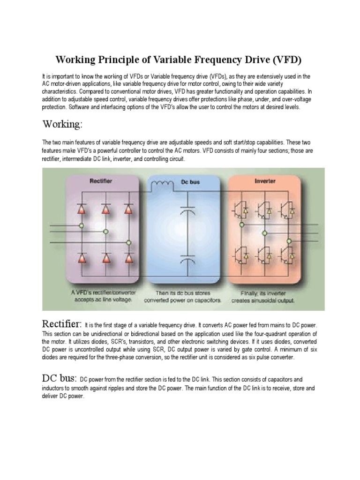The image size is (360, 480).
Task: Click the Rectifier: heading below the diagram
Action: (x=62, y=324)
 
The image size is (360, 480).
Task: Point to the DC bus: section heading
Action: (x=60, y=378)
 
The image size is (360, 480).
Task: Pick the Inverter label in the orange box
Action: (x=265, y=180)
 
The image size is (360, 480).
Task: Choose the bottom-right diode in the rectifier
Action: (x=127, y=258)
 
